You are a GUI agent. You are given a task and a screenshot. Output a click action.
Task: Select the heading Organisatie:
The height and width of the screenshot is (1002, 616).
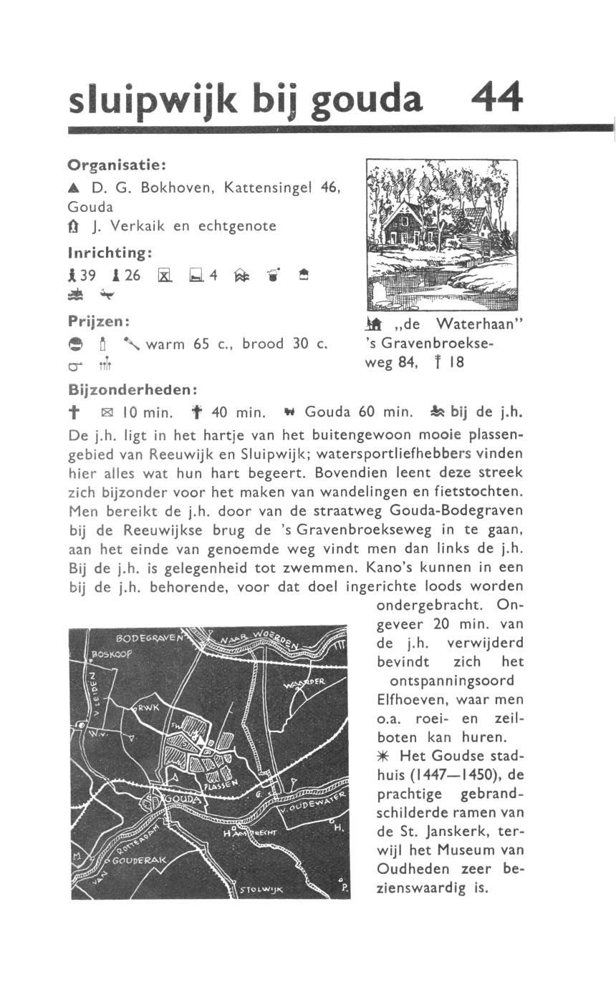click(x=117, y=165)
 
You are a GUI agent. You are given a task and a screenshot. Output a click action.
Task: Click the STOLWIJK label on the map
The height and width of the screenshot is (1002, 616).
click(x=261, y=890)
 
